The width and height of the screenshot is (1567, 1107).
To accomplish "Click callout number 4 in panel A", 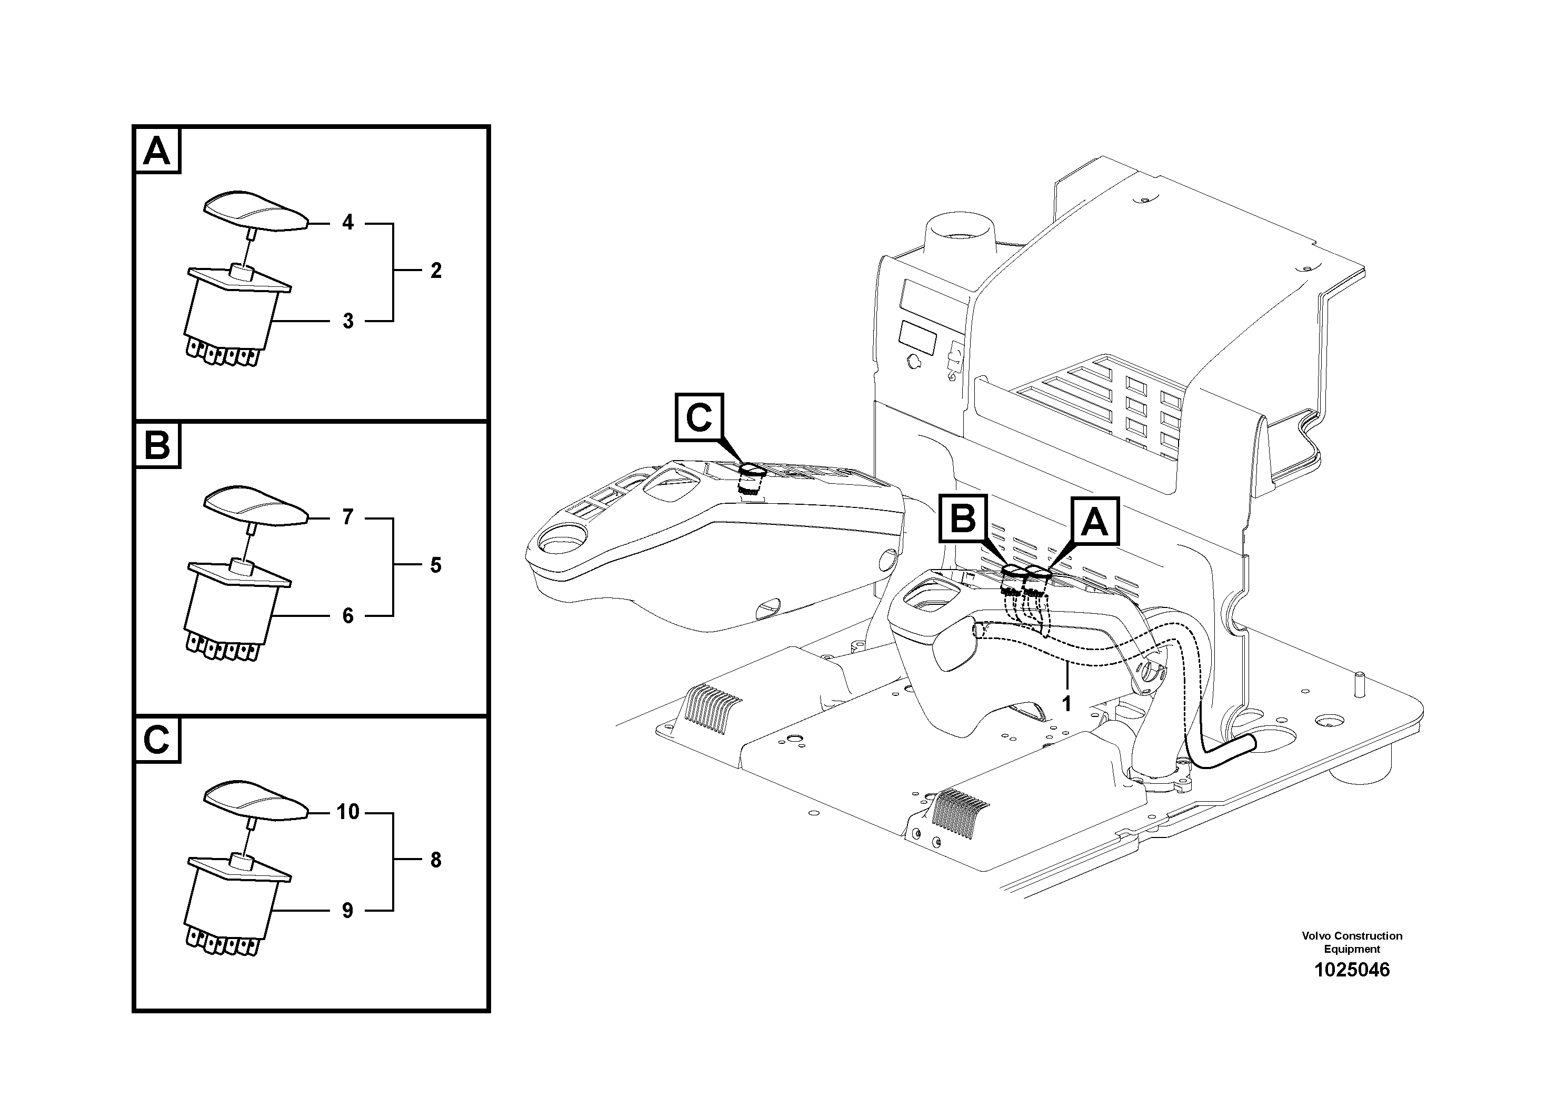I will pos(348,223).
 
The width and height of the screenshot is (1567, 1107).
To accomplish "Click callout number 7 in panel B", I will pos(348,517).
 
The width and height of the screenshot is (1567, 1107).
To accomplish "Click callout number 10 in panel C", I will pos(348,812).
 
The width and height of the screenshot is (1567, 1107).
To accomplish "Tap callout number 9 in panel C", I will pos(348,911).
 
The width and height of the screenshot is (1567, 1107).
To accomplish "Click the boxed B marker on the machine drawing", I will pos(963,520).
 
